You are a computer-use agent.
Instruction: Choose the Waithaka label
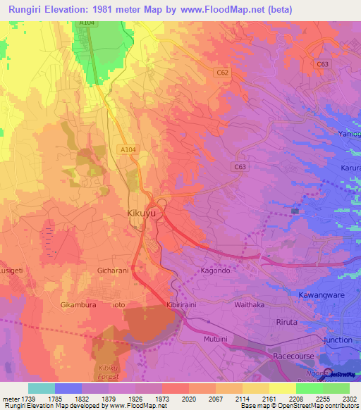249,304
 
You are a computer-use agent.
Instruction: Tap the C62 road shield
223,73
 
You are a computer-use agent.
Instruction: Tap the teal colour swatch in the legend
42,388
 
